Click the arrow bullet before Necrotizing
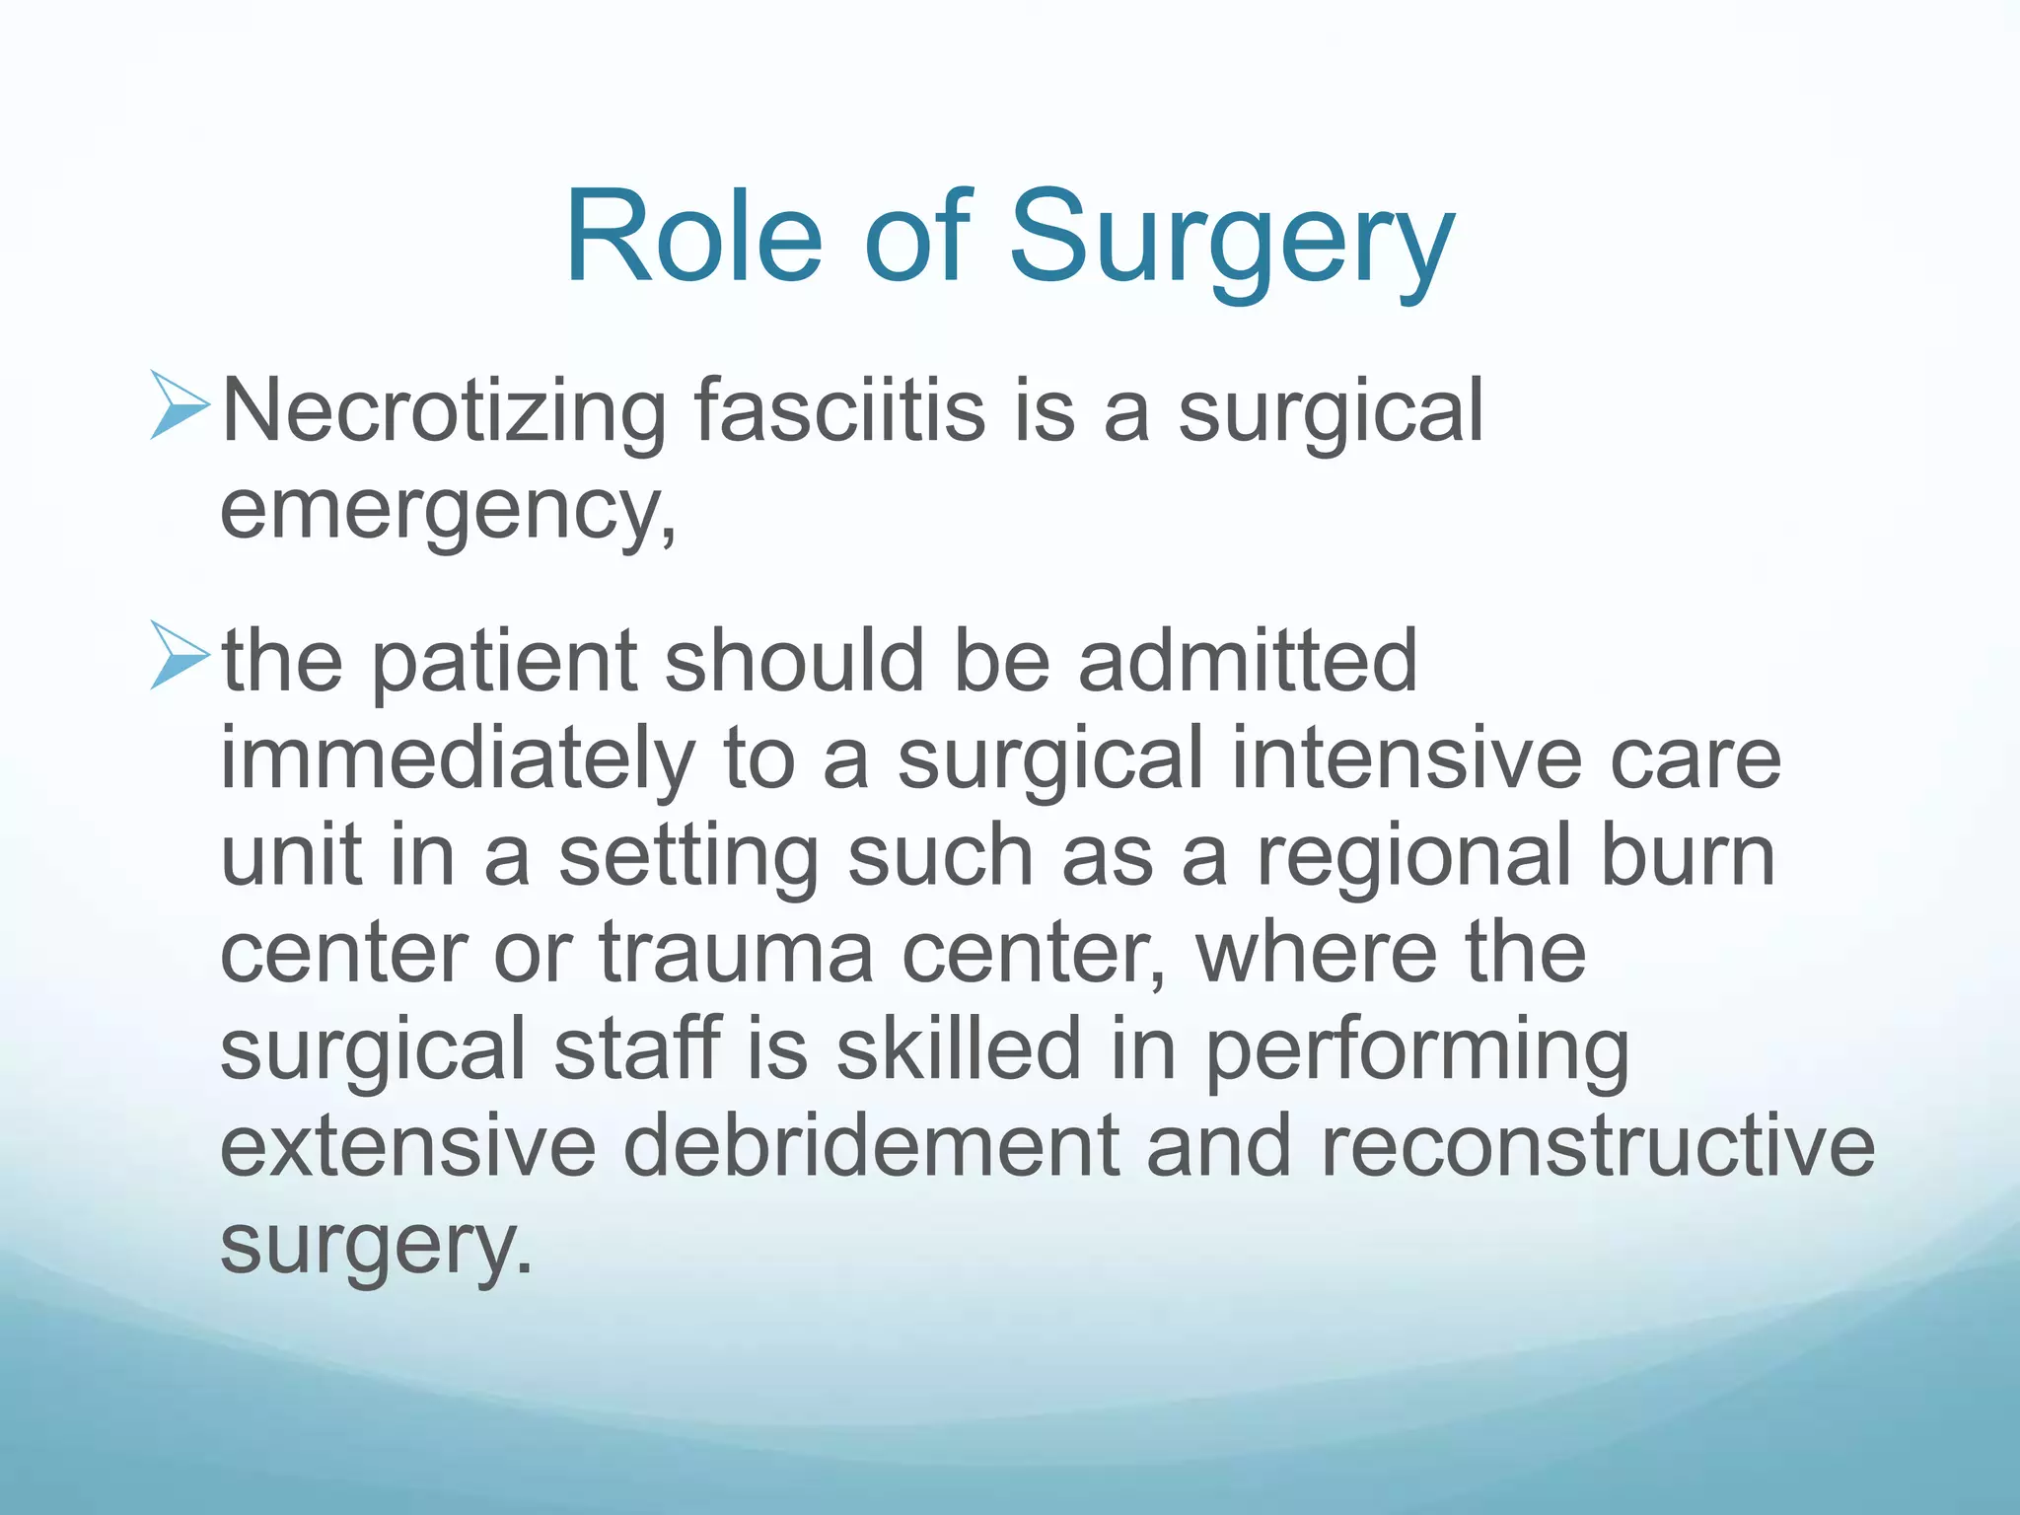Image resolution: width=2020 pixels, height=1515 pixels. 180,405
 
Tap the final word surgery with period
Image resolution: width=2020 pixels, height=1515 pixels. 375,1245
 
